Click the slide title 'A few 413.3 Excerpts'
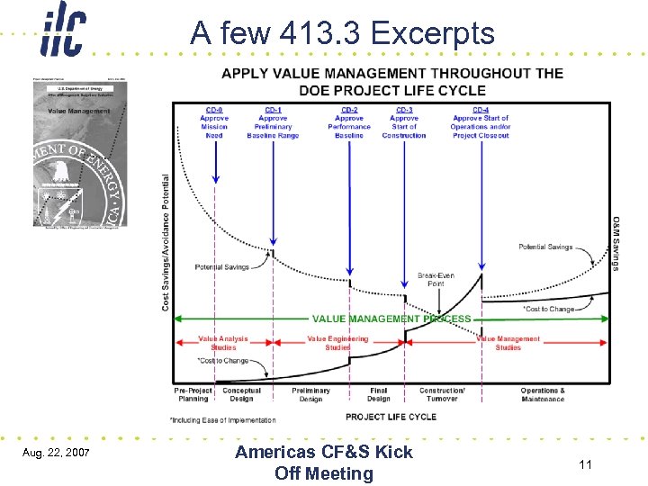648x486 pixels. pos(342,34)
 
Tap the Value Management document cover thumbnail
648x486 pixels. pos(81,150)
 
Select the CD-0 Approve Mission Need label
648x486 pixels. pos(214,122)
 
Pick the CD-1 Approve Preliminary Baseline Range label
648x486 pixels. pos(273,122)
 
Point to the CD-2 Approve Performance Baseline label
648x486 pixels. pos(349,122)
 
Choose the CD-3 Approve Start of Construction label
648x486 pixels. pos(404,122)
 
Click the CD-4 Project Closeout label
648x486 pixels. pos(481,122)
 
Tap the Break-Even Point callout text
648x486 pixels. pos(436,279)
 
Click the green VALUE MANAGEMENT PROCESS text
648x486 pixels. pos(391,319)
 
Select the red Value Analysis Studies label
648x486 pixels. pos(223,343)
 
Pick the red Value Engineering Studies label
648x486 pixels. pos(337,343)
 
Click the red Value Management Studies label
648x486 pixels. pos(508,343)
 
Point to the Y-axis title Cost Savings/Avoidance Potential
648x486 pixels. pos(166,243)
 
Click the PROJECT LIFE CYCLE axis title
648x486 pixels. pos(391,417)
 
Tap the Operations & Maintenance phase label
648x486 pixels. pos(543,395)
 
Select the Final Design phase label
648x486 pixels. pos(379,395)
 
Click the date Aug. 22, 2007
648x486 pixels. pos(57,450)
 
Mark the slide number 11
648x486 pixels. pos(585,465)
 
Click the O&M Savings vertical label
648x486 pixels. pos(615,243)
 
